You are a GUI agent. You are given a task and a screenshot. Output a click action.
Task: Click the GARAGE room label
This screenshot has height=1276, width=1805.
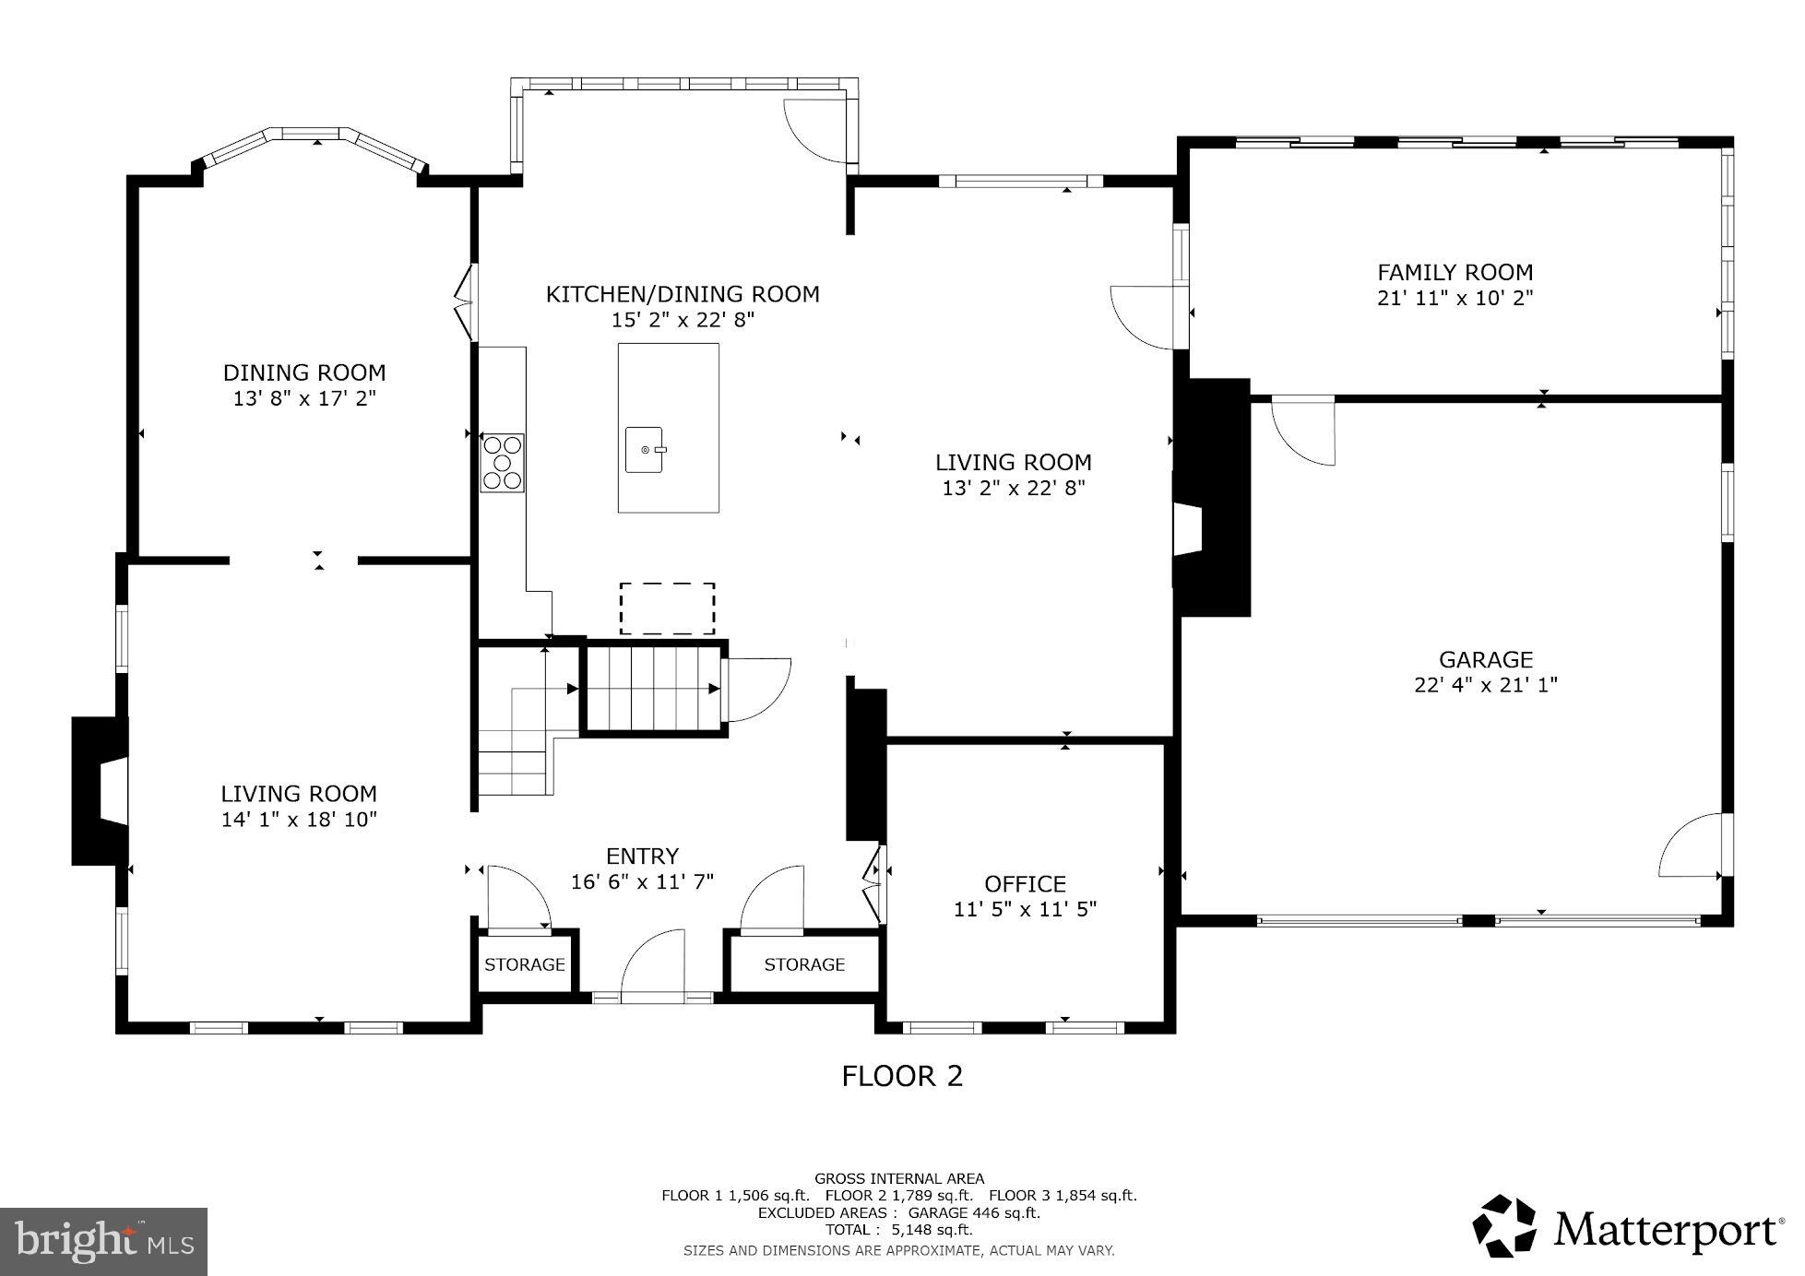(1485, 659)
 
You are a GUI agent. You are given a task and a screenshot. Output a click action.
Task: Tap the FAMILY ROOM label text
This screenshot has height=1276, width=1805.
(1455, 272)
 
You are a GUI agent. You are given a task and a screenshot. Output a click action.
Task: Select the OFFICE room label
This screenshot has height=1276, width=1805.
(1025, 884)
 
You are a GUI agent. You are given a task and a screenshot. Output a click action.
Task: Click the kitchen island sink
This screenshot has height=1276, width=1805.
(645, 449)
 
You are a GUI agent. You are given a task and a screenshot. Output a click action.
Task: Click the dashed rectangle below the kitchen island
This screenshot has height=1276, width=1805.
(667, 608)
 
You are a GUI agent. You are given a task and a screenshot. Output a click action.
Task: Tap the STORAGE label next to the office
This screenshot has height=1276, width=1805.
(803, 964)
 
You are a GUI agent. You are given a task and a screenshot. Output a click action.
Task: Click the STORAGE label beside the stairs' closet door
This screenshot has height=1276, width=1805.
(524, 964)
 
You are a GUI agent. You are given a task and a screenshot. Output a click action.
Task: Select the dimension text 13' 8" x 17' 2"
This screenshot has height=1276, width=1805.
(304, 398)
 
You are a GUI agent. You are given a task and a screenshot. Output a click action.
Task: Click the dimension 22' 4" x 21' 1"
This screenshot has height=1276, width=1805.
(1485, 685)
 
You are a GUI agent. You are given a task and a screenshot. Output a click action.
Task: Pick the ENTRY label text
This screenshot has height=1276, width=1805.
(642, 856)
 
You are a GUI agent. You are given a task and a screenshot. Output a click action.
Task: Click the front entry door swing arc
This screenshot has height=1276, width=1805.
(650, 963)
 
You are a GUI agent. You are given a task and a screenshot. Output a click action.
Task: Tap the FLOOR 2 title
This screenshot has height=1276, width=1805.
(901, 1076)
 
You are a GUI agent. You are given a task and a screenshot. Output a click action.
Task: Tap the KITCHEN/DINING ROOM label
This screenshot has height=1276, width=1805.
(682, 294)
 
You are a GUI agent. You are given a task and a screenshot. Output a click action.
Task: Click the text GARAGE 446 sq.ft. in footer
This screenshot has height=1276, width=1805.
(973, 1212)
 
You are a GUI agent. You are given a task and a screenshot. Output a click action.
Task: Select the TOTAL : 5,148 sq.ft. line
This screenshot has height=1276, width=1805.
(898, 1229)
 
